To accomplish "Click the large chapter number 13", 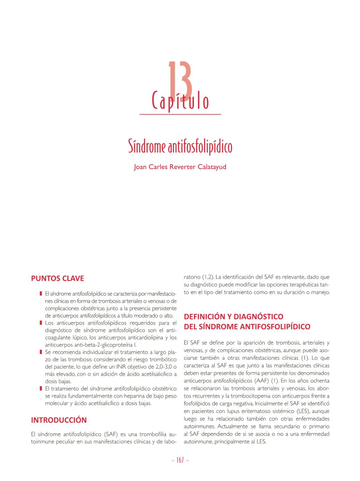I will (180, 79).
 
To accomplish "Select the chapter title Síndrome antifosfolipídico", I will (180, 147).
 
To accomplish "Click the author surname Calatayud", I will (212, 167).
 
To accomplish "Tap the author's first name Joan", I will (140, 167).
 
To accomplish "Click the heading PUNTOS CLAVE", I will (58, 278).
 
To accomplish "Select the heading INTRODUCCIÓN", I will (59, 420).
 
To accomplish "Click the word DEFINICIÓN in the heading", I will (204, 317).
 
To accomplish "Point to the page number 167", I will (180, 460).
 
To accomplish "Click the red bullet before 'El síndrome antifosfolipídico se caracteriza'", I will (41, 294).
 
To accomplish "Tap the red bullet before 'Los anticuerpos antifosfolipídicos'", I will (41, 323).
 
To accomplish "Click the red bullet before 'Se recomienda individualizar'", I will (41, 352).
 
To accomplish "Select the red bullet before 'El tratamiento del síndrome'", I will (41, 388).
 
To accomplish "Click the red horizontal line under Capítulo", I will (180, 114).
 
